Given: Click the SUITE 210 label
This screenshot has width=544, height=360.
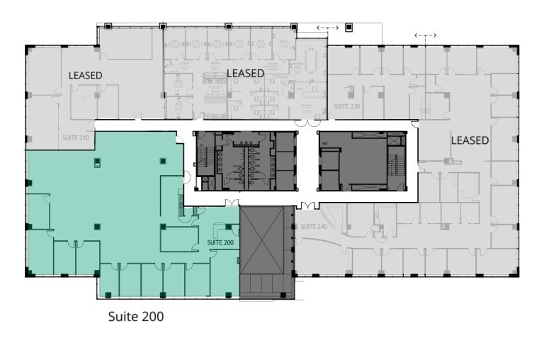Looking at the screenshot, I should pos(76,137).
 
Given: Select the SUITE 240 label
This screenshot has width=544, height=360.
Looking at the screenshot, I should pos(312,227).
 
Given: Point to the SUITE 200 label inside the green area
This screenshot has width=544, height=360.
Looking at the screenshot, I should pos(220,242).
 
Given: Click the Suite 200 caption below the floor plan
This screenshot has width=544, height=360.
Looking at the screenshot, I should pos(135,316).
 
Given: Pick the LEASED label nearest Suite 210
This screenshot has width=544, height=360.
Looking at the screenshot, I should pos(85,75).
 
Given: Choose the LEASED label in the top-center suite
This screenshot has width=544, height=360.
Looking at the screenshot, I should pos(245,73).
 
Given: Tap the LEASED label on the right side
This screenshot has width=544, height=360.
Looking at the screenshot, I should pos(470,140).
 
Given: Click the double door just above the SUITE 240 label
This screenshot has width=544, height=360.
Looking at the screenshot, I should pos(306,206).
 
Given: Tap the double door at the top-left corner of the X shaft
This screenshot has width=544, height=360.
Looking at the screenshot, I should pos(232,204).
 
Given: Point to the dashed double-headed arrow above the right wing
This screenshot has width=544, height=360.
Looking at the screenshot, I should pos(425,35).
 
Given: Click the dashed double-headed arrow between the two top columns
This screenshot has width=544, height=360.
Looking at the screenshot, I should pos(328,28).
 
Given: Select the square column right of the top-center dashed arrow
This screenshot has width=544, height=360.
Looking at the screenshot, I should pos(348,28).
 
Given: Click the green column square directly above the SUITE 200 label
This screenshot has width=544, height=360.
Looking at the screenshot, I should pos(229,227).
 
